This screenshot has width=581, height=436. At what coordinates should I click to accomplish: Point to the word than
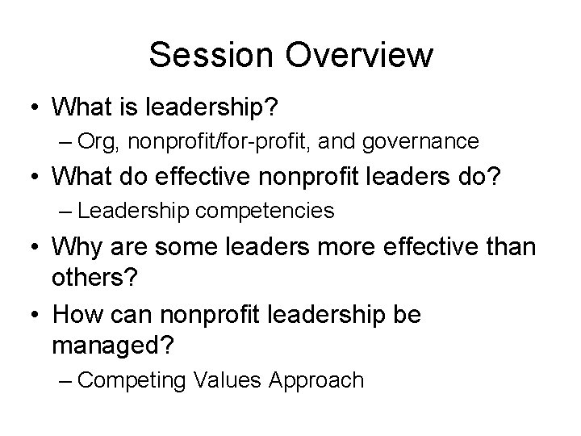click(x=508, y=246)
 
